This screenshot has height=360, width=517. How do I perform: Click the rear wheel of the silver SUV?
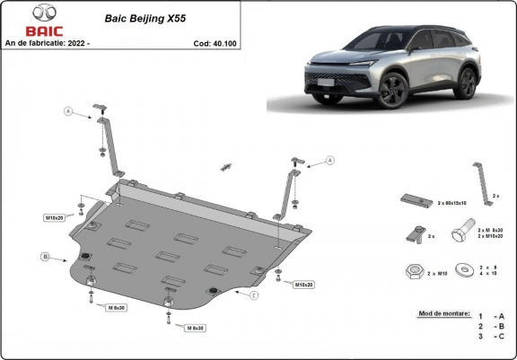point(466,83)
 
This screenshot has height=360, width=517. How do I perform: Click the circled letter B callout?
point(46,257)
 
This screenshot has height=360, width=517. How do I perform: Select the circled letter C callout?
point(255,295)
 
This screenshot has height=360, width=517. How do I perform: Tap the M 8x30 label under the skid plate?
point(196,329)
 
